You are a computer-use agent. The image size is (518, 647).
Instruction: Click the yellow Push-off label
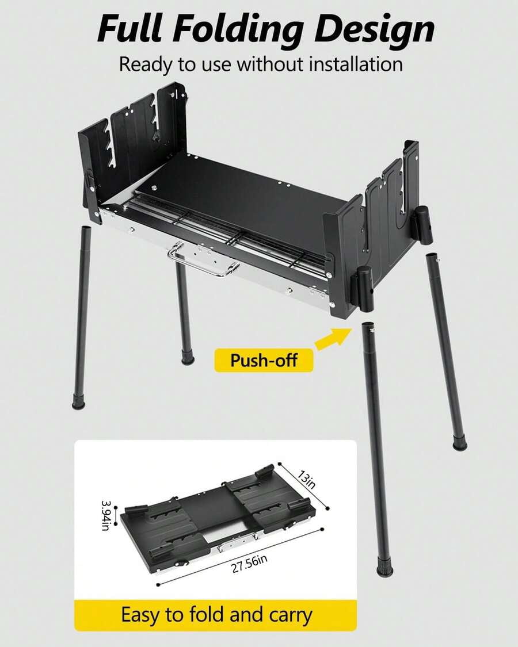(x=264, y=360)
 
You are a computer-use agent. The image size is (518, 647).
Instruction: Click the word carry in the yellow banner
(x=291, y=615)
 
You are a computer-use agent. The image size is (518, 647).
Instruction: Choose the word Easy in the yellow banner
(x=140, y=615)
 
